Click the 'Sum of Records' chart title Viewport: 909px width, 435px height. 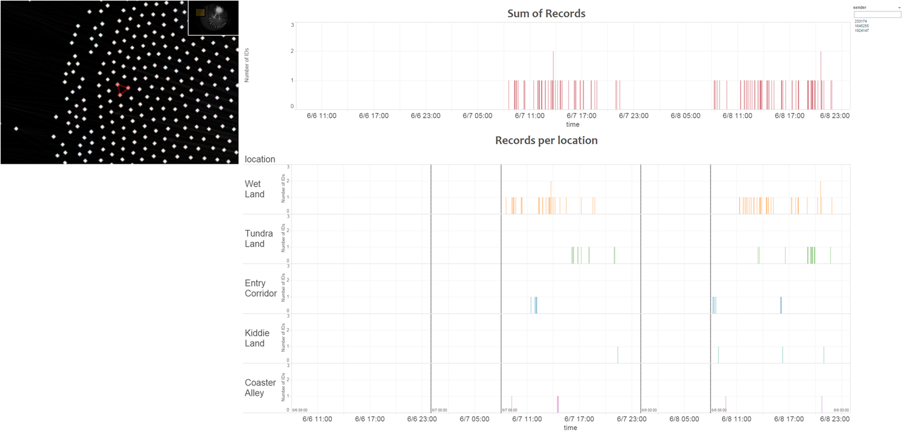coord(546,13)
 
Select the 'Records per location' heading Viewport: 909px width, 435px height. coord(546,140)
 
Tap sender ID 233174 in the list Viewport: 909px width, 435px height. coord(860,22)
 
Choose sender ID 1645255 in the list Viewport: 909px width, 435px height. coord(861,26)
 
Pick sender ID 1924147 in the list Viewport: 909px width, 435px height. coord(861,30)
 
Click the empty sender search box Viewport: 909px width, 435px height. coord(877,14)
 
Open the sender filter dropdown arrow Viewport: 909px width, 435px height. coord(899,8)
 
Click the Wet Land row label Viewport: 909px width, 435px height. coord(254,189)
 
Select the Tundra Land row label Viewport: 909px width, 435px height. coord(259,238)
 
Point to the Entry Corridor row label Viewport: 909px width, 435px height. coord(260,288)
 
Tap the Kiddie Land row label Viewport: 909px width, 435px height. coord(257,338)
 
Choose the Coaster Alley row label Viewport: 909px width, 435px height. coord(260,388)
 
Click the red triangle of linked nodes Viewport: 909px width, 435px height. coord(122,90)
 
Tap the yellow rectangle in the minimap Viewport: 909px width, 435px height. coord(200,12)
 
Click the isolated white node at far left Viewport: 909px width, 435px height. coord(16,128)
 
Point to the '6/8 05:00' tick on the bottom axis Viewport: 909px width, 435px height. coord(685,418)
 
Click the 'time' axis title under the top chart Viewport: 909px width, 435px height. coord(572,125)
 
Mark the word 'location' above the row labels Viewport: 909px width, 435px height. coord(260,159)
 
